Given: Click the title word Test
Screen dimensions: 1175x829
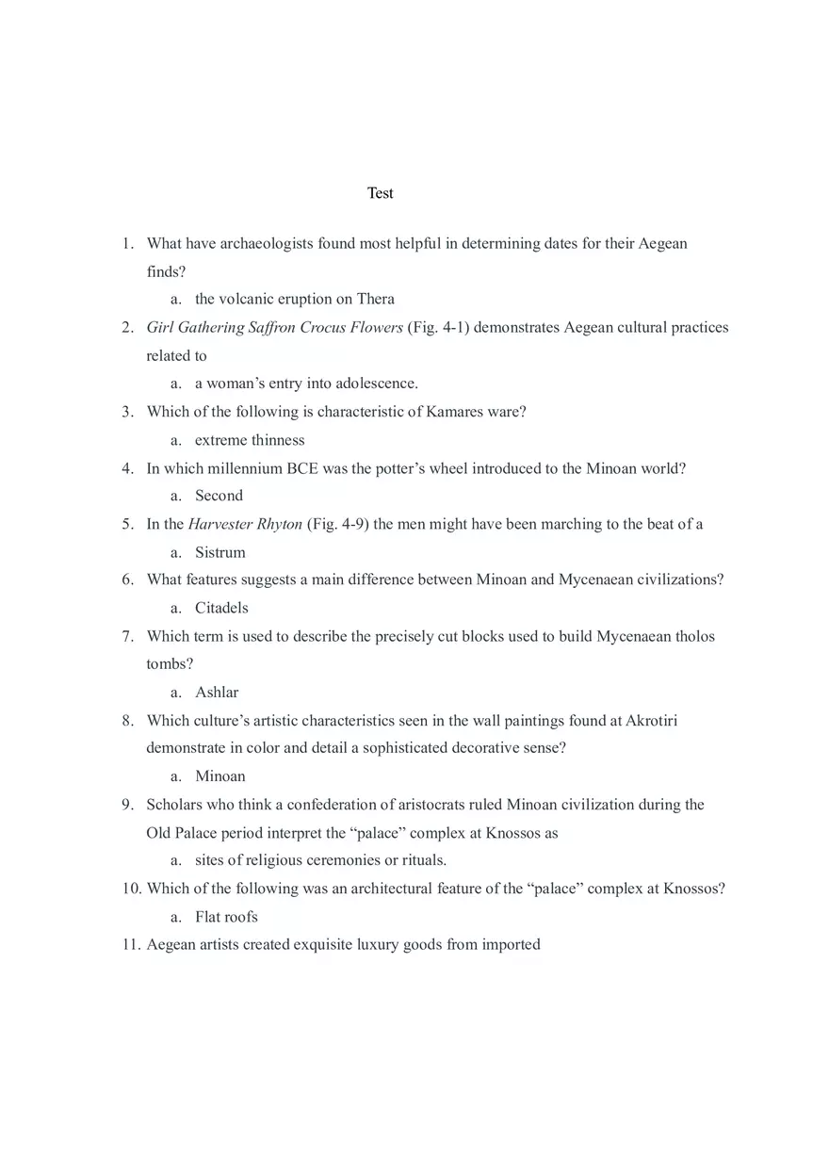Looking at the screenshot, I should coord(381,193).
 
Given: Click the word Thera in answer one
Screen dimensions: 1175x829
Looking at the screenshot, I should coord(375,299).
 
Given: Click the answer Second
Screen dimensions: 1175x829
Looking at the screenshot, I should coord(219,496).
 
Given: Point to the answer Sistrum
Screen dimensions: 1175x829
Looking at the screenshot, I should coord(219,552).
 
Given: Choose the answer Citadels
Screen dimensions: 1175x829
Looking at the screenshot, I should coord(221,608).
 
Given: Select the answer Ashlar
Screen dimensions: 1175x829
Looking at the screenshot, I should coord(217,693).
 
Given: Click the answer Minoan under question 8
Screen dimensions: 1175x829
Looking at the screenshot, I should coord(219,776).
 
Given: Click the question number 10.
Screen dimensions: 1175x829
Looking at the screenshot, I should coord(131,889).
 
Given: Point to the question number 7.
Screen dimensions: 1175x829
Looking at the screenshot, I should coord(127,636).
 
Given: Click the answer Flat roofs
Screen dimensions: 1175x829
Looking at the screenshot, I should coord(226,917).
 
